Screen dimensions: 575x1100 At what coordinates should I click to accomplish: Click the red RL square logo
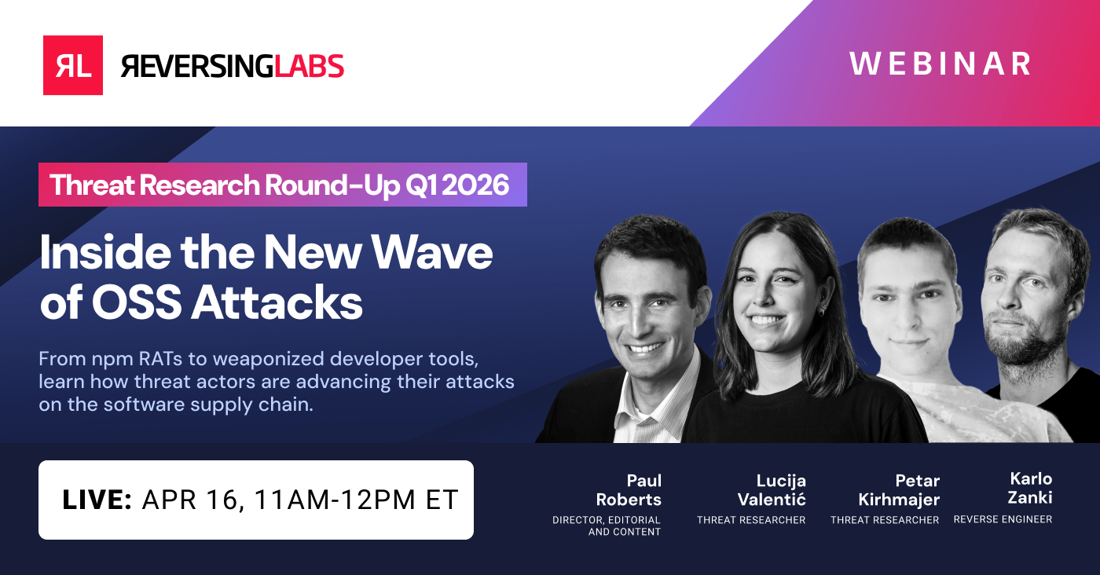click(73, 65)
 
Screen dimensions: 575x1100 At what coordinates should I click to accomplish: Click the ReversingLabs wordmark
click(233, 66)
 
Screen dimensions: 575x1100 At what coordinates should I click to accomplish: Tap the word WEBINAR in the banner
click(940, 64)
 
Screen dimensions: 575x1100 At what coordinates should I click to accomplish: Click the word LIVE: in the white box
click(97, 500)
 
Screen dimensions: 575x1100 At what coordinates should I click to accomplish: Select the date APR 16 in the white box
click(189, 500)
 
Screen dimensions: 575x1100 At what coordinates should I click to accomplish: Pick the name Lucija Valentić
click(771, 489)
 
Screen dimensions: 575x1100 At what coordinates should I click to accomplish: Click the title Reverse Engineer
click(1003, 519)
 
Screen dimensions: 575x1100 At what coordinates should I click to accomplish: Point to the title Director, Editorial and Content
click(607, 526)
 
